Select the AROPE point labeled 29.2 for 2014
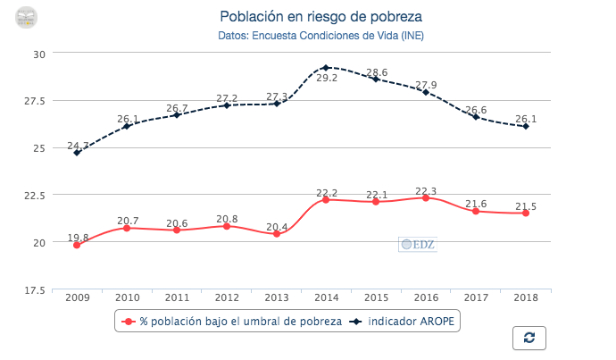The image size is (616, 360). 326,67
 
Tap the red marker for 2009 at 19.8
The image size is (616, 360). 77,245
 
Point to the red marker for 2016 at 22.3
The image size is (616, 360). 426,197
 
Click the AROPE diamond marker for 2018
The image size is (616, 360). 526,126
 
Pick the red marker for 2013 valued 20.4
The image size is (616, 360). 277,233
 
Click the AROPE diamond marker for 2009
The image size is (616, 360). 77,152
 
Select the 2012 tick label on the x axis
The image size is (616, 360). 226,297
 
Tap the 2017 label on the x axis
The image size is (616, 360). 476,297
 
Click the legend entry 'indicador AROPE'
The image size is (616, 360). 411,321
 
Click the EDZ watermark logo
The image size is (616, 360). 417,243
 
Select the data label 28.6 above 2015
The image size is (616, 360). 377,72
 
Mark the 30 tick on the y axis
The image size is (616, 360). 39,54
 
